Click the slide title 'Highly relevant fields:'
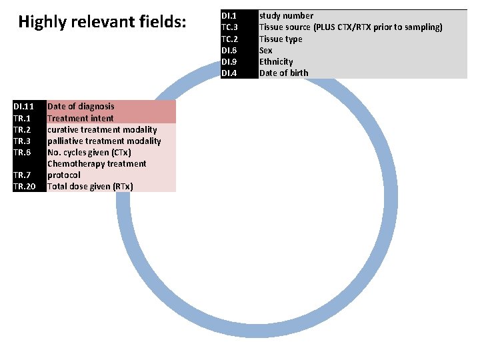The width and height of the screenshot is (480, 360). pos(103,23)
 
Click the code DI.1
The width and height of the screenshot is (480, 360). pos(228,15)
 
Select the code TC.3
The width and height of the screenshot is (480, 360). pos(229,27)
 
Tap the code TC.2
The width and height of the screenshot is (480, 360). pos(229,39)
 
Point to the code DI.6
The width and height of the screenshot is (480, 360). pos(229,50)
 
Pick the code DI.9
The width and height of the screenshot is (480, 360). pos(229,61)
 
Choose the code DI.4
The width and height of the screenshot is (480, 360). pos(229,73)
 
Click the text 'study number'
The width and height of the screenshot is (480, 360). pos(286,15)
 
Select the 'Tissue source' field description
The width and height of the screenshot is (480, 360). pos(350,27)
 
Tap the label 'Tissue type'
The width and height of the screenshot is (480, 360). pos(281,39)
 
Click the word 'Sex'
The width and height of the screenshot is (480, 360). pos(266,50)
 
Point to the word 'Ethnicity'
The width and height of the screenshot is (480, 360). pos(276,61)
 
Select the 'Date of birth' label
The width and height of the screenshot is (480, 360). pos(283,73)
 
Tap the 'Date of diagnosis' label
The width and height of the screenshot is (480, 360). pos(81,106)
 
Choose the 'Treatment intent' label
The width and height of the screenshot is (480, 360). pos(80,118)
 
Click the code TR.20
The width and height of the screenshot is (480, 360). pos(24,186)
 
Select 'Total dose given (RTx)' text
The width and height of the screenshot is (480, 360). pos(90,186)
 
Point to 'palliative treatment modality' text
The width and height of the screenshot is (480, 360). pos(104,141)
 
